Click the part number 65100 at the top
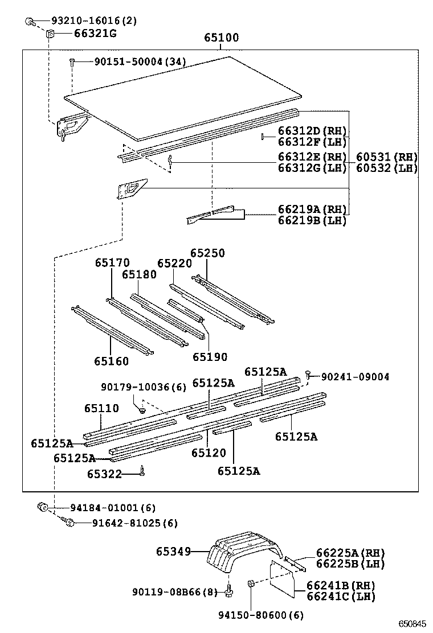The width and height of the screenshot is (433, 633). tap(222, 38)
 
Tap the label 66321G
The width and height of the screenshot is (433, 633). tap(95, 34)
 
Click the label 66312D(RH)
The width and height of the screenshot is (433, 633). tap(312, 131)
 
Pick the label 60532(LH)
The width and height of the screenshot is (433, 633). tap(387, 168)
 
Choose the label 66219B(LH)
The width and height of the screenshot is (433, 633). tap(312, 221)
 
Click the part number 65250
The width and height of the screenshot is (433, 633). tap(207, 253)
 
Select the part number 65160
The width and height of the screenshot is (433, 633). tap(112, 361)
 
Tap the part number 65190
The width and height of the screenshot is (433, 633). tap(210, 357)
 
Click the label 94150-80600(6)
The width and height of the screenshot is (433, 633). tap(261, 615)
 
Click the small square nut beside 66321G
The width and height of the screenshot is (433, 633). tap(50, 34)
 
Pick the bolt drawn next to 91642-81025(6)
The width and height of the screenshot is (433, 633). tap(68, 523)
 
